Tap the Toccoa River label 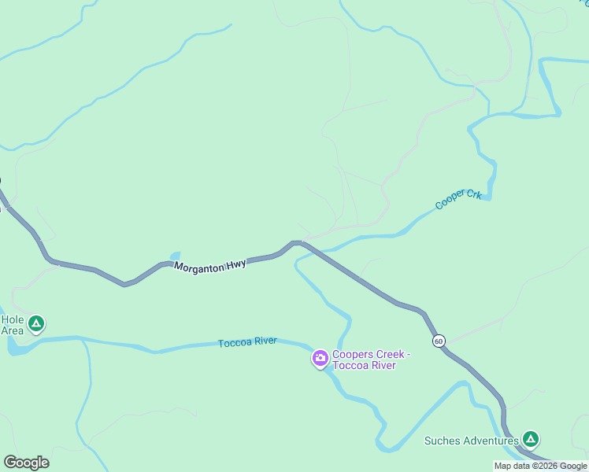[247, 342]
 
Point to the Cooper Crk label [458, 200]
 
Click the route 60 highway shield [439, 341]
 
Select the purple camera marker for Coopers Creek [320, 360]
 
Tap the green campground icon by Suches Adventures [531, 439]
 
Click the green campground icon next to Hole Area [35, 323]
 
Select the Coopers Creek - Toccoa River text [364, 360]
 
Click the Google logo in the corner [26, 462]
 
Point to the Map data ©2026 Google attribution [540, 466]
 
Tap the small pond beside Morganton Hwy [174, 256]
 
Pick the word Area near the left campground [12, 330]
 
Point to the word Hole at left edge [12, 319]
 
